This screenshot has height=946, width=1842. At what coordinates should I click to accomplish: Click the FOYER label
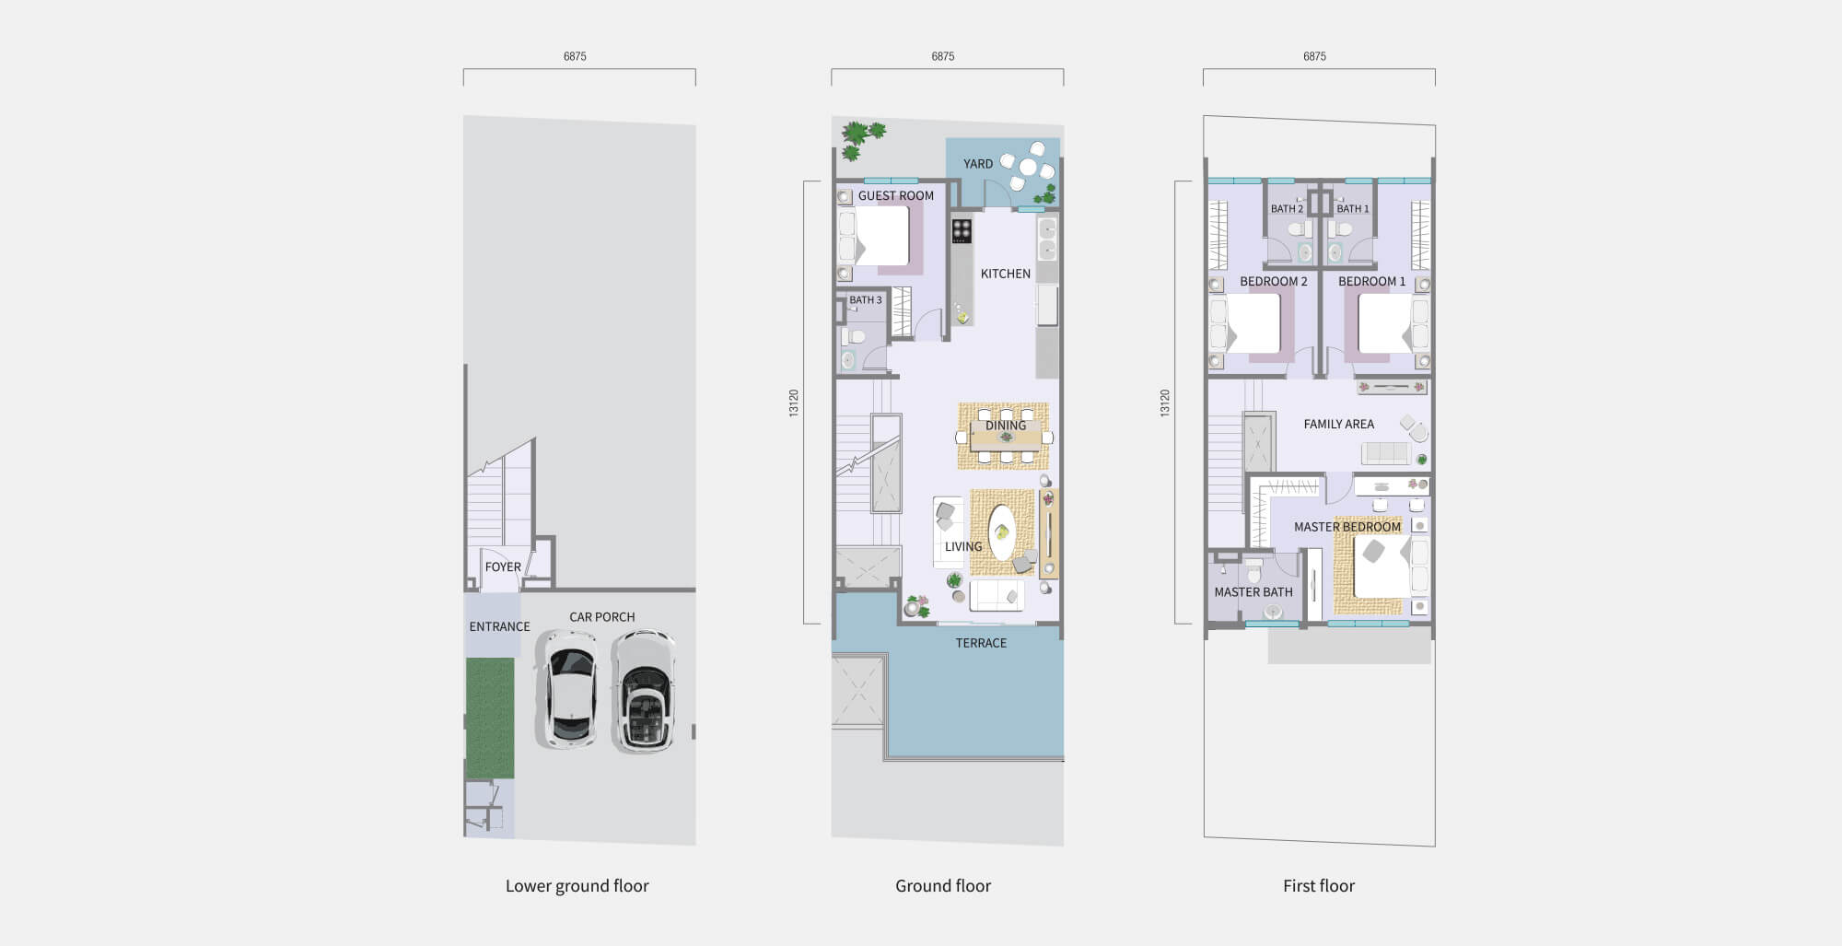coord(503,567)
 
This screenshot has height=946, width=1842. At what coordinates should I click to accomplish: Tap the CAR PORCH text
coord(602,617)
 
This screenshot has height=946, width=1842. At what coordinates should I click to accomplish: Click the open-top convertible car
coord(645,691)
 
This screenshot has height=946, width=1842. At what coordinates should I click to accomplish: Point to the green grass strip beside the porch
coord(490,718)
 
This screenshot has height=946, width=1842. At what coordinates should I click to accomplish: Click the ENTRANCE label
coord(499,627)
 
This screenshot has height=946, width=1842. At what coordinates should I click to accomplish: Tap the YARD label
coord(978,164)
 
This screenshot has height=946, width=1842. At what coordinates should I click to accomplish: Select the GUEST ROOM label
coord(896,196)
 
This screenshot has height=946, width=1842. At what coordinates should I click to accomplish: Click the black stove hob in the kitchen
coord(962,230)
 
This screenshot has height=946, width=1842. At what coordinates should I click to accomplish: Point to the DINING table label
coord(1006,426)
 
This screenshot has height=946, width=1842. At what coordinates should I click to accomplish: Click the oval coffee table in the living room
coord(1001,532)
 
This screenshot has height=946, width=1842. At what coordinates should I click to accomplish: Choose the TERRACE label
coord(981,644)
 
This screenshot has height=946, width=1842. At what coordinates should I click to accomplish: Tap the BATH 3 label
coord(866,300)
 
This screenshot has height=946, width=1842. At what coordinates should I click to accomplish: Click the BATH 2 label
coord(1287,209)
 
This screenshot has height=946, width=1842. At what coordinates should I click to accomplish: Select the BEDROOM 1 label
coord(1372,282)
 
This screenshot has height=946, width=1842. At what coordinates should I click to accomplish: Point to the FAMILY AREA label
coord(1339,425)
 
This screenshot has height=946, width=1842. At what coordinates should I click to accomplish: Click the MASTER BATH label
coord(1253,592)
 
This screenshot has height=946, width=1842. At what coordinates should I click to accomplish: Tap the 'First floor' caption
coord(1319,886)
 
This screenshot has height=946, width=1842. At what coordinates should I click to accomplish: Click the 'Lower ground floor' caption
coord(577,886)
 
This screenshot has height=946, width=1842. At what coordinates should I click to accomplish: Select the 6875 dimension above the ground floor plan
coord(943,57)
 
